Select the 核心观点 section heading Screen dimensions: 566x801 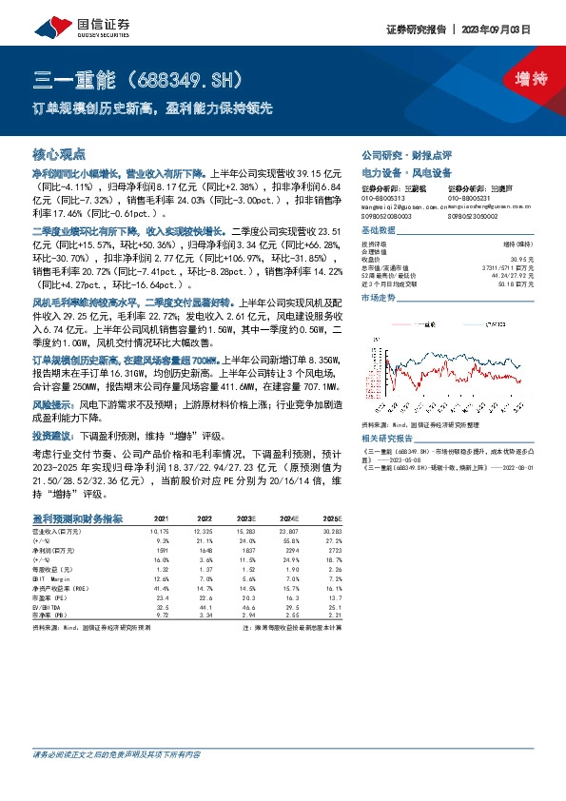pyautogui.click(x=59, y=153)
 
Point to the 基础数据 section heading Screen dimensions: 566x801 pyautogui.click(x=380, y=232)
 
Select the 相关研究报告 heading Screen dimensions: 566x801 pyautogui.click(x=387, y=439)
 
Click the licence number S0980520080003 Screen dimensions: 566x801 pyautogui.click(x=386, y=215)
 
